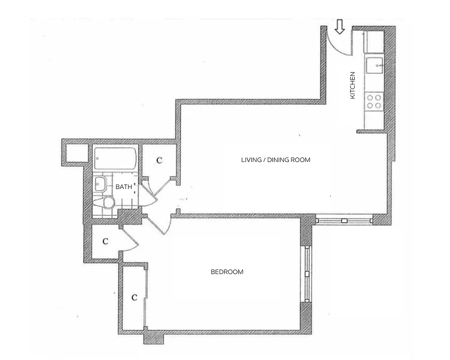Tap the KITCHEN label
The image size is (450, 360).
click(x=353, y=85)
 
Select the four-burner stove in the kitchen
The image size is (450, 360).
click(x=373, y=101)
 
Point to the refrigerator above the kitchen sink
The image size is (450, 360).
click(x=374, y=41)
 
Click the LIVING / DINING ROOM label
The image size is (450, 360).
click(x=275, y=160)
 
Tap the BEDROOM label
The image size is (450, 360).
click(x=227, y=272)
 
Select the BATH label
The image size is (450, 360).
click(x=124, y=187)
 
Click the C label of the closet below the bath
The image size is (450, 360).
click(x=105, y=242)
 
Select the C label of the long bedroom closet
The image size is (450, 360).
click(x=134, y=297)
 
